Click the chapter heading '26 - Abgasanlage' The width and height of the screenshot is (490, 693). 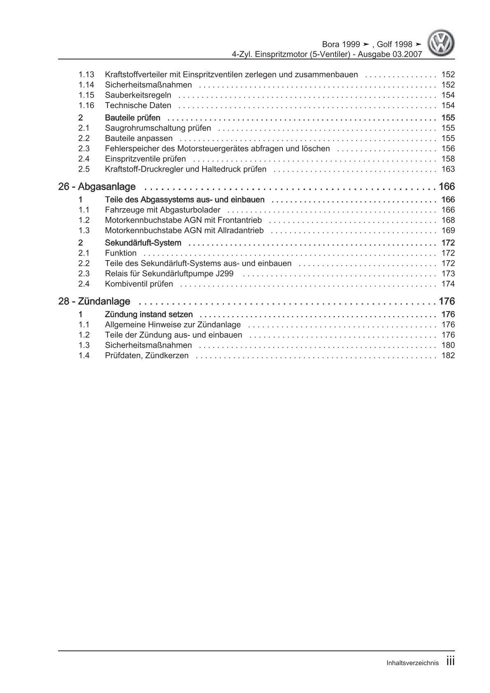97,187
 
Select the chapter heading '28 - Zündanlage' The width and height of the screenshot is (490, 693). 94,302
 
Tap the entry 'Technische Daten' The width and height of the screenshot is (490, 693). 138,105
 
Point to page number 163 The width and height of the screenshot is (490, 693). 448,169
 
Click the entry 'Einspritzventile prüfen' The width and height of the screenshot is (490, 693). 145,159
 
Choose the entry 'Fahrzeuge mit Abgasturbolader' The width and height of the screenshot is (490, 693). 162,210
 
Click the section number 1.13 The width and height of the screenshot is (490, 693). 86,74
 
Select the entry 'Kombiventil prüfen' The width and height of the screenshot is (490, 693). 139,284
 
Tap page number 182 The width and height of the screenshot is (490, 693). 448,356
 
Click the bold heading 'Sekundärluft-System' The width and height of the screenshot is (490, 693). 143,243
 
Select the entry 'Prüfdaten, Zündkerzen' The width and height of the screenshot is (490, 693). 147,356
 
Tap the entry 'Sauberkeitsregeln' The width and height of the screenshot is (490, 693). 138,95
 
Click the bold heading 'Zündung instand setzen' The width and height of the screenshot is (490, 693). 149,314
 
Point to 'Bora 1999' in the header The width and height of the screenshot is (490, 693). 340,44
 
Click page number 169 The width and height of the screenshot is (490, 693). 448,230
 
